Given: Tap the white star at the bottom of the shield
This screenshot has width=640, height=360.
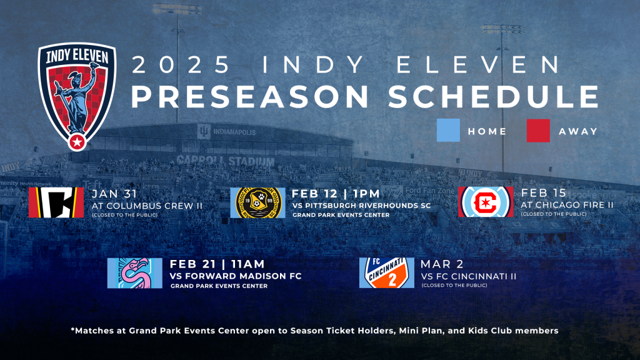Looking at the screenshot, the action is pyautogui.click(x=77, y=142).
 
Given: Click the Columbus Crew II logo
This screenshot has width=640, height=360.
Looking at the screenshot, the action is pyautogui.click(x=56, y=202).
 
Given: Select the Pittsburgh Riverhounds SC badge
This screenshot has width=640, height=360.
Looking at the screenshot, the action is pyautogui.click(x=257, y=202).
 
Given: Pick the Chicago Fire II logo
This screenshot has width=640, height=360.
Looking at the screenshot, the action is pyautogui.click(x=486, y=202).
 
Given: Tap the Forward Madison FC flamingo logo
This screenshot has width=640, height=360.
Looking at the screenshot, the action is pyautogui.click(x=135, y=273).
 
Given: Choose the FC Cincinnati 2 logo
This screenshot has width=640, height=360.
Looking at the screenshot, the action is pyautogui.click(x=386, y=272).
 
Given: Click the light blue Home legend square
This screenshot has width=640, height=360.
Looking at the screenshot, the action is pyautogui.click(x=448, y=130).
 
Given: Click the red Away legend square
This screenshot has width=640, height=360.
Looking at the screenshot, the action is pyautogui.click(x=538, y=131).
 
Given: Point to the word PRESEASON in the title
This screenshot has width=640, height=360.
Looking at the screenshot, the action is pyautogui.click(x=250, y=97).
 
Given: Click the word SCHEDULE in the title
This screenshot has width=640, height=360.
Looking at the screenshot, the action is pyautogui.click(x=494, y=97).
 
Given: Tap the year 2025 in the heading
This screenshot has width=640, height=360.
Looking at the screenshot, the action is pyautogui.click(x=182, y=64).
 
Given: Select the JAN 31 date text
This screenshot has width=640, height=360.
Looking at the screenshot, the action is pyautogui.click(x=115, y=194).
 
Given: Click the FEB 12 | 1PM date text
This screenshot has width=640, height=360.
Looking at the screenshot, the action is pyautogui.click(x=336, y=194).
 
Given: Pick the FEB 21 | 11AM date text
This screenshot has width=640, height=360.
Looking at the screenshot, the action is pyautogui.click(x=217, y=264).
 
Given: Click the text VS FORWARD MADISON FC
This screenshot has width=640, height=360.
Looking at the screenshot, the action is pyautogui.click(x=236, y=276).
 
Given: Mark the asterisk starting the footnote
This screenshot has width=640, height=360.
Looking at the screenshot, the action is pyautogui.click(x=72, y=329).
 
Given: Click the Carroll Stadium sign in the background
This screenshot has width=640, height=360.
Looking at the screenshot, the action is pyautogui.click(x=225, y=161).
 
